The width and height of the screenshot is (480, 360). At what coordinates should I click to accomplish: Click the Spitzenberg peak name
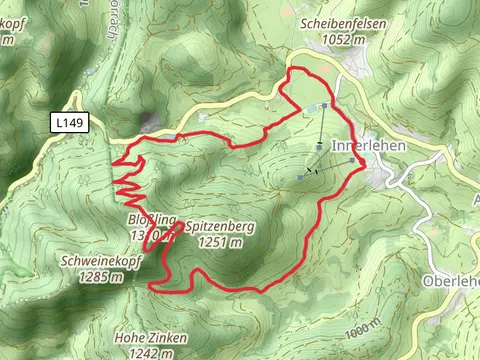pos(219,228)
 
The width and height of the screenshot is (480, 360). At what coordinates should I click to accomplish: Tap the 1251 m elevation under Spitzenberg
pos(220,242)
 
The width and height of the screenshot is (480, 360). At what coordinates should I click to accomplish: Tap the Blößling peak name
pos(151,220)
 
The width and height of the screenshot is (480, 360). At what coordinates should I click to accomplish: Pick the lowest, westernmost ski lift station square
pos(301,176)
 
